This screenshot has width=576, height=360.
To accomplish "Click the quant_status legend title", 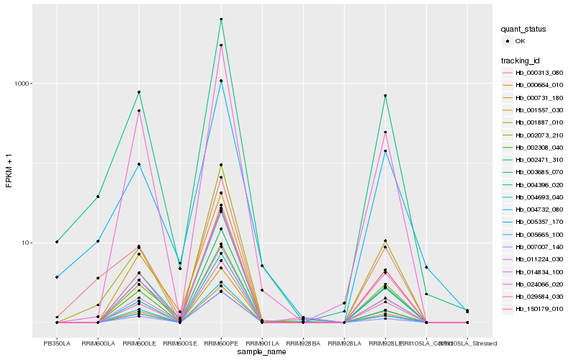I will pos(523,30).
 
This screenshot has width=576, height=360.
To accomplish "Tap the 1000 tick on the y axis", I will pos(24,84).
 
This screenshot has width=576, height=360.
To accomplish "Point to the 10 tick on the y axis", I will pos(29,243).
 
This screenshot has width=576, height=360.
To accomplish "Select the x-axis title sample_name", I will pos(261,353).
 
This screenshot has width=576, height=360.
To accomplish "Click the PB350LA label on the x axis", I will pos(57,343).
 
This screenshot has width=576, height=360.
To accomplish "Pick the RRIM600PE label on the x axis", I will pos(221,343).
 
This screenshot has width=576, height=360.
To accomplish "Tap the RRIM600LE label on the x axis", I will pos(139,343).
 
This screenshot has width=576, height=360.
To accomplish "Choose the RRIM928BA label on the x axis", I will pos(303,343).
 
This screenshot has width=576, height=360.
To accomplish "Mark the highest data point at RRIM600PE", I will pos(221,19).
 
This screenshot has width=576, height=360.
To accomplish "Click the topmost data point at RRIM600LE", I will pos(139,92).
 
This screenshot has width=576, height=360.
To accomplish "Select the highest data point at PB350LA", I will pos(57,242).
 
